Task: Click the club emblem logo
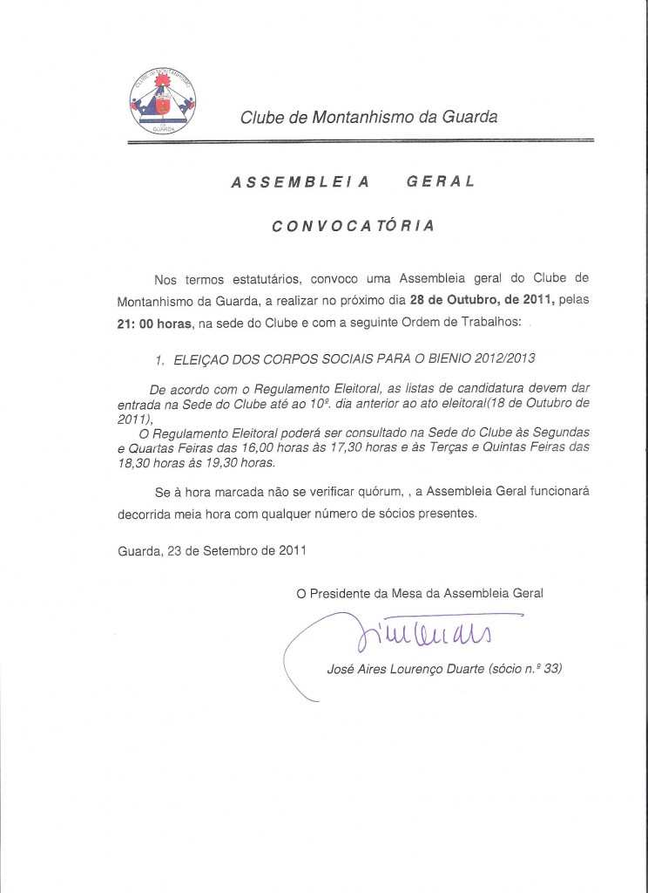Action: [162, 102]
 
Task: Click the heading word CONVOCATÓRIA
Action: [353, 226]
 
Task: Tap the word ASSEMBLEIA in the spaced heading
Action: [300, 182]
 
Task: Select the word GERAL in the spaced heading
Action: [441, 182]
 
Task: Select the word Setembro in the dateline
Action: [229, 550]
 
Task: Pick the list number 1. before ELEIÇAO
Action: [159, 358]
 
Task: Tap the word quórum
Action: [378, 491]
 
